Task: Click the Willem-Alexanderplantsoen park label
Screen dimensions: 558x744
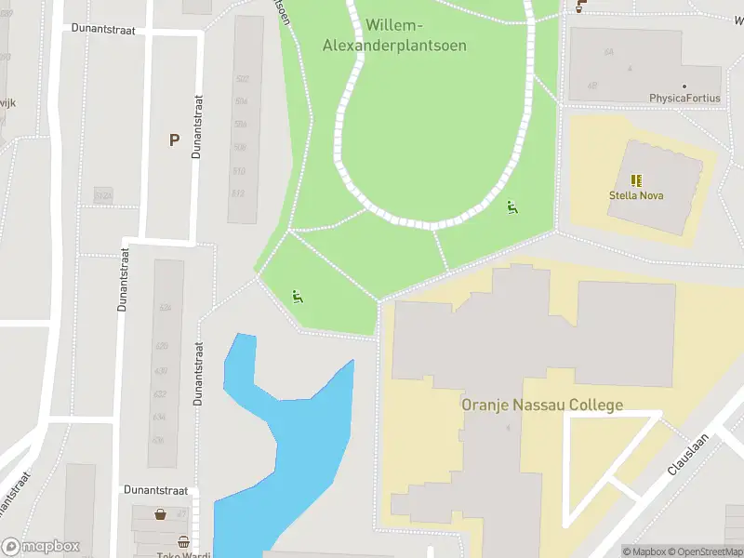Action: [393, 35]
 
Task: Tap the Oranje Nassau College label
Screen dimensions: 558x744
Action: [542, 405]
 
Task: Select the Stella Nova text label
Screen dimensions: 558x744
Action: [636, 196]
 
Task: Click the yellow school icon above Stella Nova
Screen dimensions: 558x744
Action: [636, 180]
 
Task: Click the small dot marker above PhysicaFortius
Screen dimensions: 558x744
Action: [684, 86]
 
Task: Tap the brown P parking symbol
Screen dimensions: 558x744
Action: [173, 140]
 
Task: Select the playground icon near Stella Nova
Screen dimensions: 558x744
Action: [511, 206]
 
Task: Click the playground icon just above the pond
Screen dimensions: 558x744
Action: [298, 298]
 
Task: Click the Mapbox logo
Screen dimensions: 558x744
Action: [40, 547]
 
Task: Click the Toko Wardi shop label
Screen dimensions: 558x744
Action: [184, 555]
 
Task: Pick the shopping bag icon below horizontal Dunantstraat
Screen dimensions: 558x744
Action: [161, 513]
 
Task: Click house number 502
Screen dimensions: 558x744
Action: [242, 79]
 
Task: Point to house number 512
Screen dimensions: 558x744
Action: [238, 193]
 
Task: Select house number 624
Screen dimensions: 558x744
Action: [165, 308]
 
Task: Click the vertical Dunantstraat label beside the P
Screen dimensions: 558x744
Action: [196, 126]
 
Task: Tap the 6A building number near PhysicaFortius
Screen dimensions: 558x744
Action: [609, 52]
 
